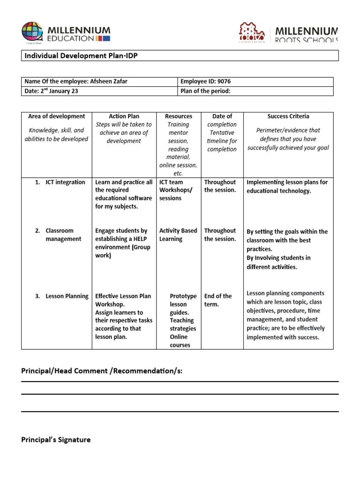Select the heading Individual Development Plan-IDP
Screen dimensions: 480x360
(x=81, y=56)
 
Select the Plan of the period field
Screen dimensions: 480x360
(x=205, y=91)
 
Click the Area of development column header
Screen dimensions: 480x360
(x=57, y=116)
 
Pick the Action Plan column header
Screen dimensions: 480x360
(x=124, y=116)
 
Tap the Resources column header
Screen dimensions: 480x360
(x=178, y=116)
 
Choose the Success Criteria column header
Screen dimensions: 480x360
(x=288, y=116)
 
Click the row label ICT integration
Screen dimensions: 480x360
(x=65, y=182)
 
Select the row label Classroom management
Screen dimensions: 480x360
(x=63, y=235)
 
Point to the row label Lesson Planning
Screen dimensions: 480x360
(x=67, y=296)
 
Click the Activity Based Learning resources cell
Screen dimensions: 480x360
(x=178, y=235)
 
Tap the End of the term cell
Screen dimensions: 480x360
(x=218, y=300)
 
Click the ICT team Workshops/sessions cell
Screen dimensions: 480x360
(x=176, y=190)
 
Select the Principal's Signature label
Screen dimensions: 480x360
(x=56, y=440)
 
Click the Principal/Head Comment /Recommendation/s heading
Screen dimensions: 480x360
(x=102, y=371)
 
